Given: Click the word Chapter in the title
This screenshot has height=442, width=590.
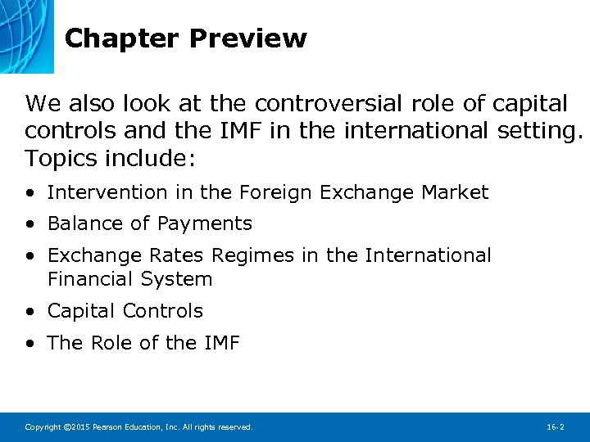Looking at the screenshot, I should coord(121,38).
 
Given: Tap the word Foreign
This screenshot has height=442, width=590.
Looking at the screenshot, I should coord(275,193).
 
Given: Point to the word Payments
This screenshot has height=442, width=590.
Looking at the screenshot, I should coord(205,223).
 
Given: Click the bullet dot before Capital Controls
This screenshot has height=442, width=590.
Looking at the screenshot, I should coord(29,312).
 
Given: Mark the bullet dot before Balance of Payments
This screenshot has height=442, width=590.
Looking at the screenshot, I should coord(29,224).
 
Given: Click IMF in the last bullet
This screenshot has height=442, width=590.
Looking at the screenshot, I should coord(220,343).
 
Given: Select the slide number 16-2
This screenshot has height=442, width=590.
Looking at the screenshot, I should coord(555,427).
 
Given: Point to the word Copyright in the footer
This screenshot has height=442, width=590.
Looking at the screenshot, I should coord(42,427).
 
